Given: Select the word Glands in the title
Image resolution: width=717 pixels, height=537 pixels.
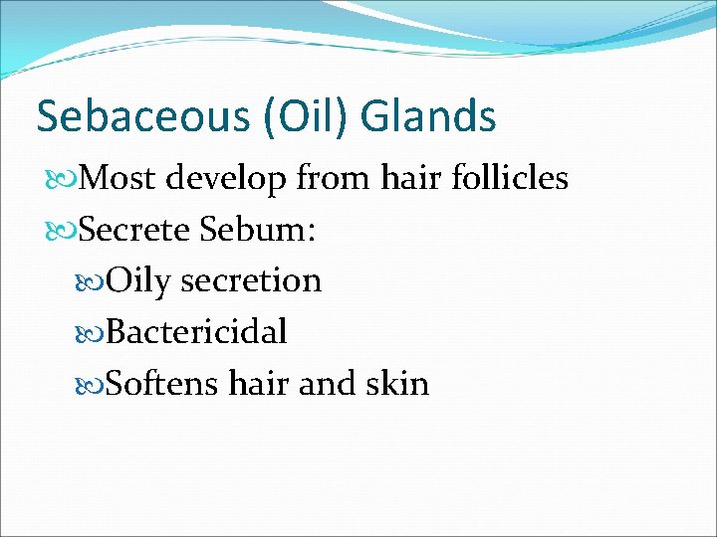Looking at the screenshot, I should click(x=428, y=116).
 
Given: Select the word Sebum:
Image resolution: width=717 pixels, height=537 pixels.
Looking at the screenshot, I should click(x=258, y=230).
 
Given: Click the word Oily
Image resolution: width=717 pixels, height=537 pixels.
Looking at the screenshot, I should click(x=138, y=281).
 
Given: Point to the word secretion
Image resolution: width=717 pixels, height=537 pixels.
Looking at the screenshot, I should click(x=251, y=281).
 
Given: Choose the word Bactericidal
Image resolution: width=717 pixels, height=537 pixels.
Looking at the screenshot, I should click(x=196, y=332).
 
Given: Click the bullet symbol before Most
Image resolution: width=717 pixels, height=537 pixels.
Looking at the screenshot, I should click(x=62, y=180).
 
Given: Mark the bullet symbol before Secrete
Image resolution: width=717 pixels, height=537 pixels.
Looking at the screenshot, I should click(x=62, y=231).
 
